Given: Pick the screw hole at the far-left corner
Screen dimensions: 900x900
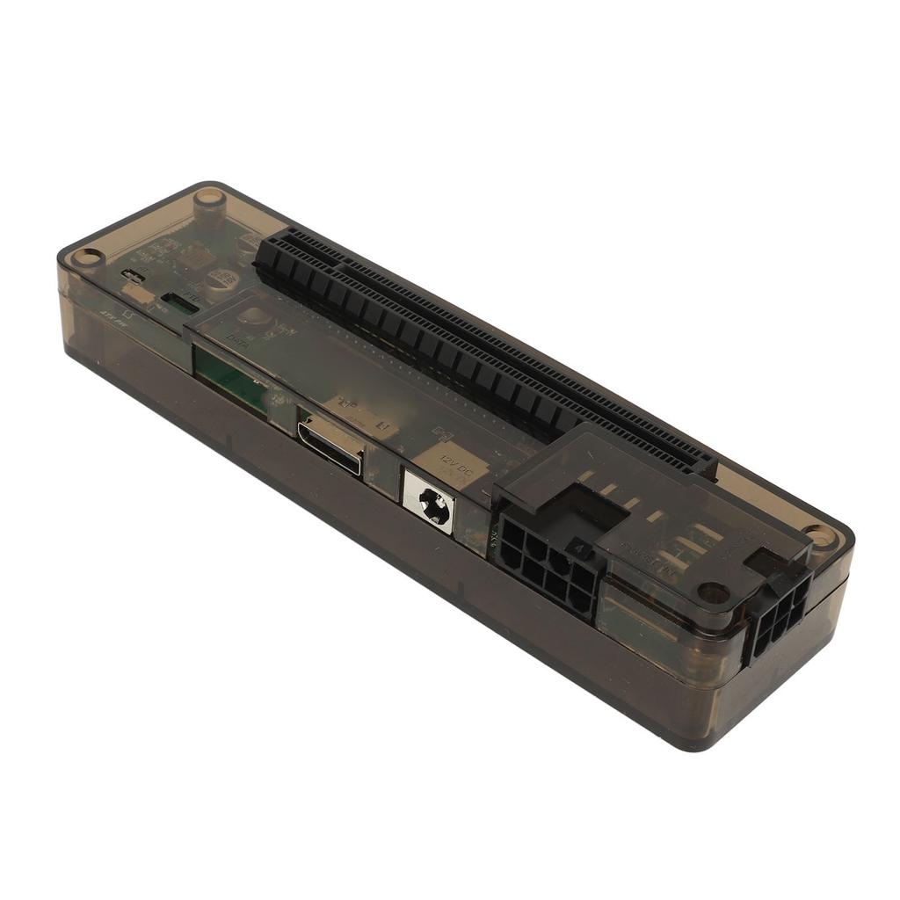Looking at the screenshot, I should (x=87, y=257).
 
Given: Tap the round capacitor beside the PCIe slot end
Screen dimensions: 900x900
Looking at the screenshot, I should (x=219, y=280).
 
